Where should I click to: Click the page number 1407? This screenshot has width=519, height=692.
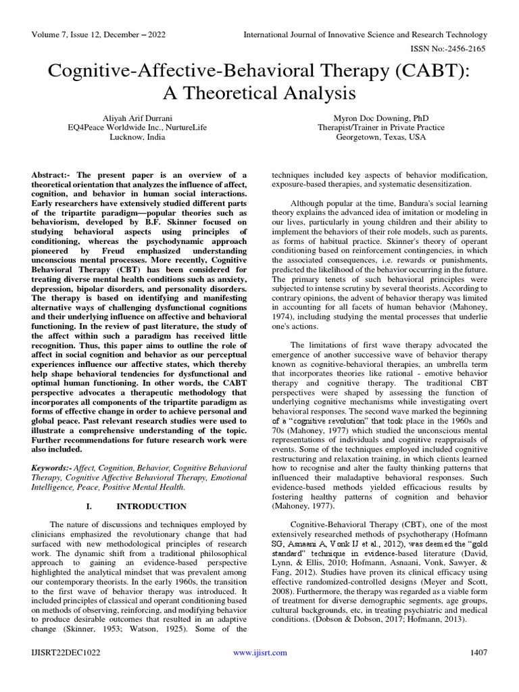(477, 652)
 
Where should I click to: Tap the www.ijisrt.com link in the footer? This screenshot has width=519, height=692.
(259, 652)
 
